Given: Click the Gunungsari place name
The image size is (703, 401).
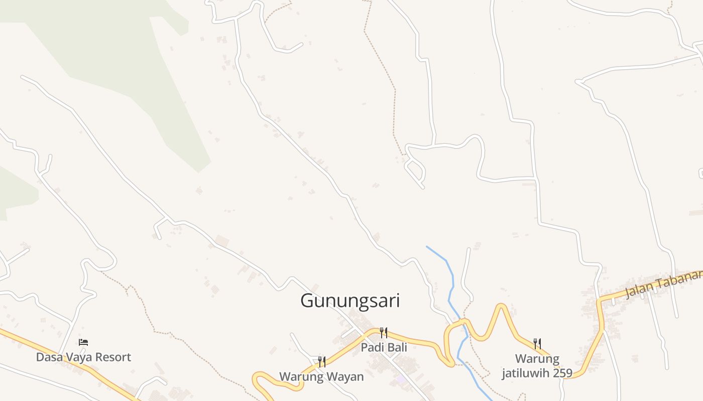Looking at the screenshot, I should tap(350, 301).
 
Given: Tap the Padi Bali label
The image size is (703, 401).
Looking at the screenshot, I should tap(384, 347).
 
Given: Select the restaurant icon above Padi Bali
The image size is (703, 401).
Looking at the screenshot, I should tap(384, 333).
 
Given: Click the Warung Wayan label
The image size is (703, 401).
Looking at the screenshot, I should tap(321, 376).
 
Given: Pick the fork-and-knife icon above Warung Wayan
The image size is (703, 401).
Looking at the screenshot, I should tap(322, 362).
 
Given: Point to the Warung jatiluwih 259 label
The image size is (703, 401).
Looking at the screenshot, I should tap(537, 366).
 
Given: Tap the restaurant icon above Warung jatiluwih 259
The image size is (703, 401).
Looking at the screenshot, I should tap(537, 344).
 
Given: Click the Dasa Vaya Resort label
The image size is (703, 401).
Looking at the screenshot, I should tap(83, 357).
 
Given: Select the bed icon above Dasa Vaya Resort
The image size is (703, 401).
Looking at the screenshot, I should tap(83, 342).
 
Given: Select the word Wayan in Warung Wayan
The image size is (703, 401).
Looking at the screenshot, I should tap(346, 376).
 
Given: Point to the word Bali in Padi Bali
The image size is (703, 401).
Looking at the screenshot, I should tap(396, 347).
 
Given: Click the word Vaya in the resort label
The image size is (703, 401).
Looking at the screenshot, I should tap(75, 357).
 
